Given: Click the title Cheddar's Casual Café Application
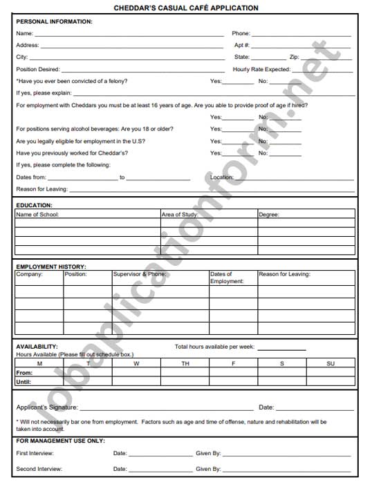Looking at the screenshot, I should (186, 8).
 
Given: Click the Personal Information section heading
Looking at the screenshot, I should (54, 21).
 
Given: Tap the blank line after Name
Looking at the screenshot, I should (129, 34).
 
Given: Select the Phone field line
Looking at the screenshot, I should (301, 34).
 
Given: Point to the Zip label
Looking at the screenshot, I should (295, 57).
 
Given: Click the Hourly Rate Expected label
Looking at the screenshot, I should (261, 70).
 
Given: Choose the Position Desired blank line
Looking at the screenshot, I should (142, 70).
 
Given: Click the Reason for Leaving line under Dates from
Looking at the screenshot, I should (211, 190).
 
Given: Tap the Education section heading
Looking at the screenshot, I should (34, 205).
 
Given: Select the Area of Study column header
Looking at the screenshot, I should (180, 215).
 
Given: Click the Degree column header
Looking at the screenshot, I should (269, 215).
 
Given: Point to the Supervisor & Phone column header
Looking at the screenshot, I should (140, 274).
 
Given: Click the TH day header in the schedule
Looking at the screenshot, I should (185, 363).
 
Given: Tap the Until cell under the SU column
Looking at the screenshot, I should (331, 382).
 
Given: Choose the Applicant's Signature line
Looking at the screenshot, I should (166, 408).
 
